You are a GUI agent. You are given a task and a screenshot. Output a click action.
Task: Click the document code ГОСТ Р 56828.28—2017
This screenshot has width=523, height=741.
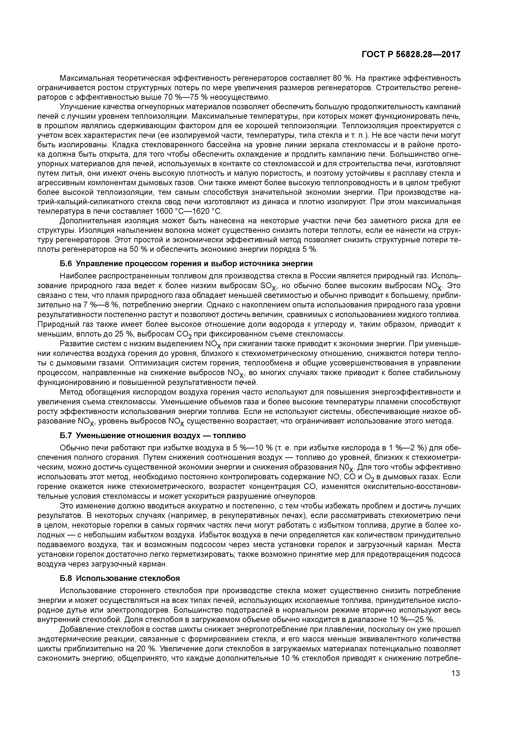[411, 54]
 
